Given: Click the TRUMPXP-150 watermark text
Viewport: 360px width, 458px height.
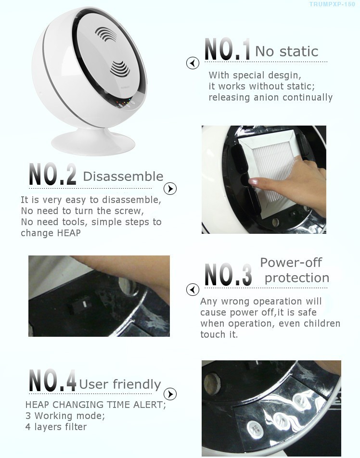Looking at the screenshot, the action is point(332,4).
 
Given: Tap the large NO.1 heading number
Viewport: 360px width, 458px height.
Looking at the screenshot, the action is point(227,50).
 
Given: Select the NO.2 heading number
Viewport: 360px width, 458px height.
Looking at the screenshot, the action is point(52,174).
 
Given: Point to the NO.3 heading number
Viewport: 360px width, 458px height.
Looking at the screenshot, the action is point(228,274).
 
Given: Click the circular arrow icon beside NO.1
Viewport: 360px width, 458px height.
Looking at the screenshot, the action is point(193,63).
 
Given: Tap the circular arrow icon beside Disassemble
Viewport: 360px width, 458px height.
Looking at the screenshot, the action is point(170,189).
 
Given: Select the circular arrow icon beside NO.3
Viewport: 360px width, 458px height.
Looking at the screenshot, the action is point(193,290).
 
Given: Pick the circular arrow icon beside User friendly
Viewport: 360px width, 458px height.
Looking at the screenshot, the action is point(170,394).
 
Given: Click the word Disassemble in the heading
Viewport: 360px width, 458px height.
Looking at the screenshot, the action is point(123,177).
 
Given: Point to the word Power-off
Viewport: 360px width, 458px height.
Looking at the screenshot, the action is point(291,262).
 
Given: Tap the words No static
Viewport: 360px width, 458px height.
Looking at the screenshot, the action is point(287,51).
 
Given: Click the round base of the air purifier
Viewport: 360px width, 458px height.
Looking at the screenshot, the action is point(93,142).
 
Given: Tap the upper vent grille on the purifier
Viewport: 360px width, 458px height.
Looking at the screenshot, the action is point(105,34).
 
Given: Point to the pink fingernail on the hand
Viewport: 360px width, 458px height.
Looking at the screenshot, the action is point(253,182).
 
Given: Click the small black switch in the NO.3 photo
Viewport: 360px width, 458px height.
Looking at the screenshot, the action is point(80,305).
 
